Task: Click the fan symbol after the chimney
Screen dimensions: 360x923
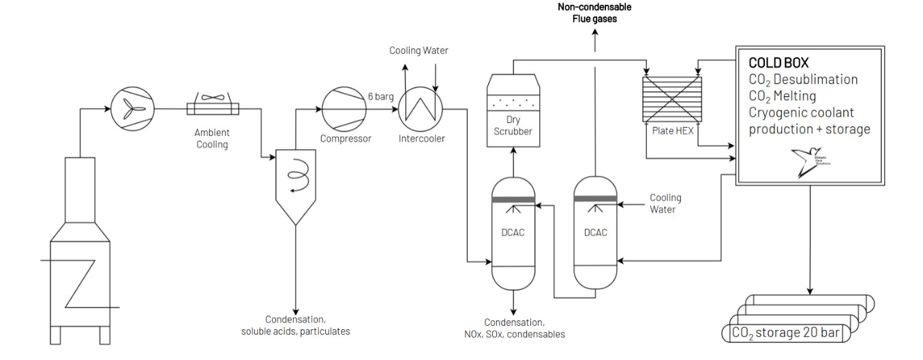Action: click(132, 108)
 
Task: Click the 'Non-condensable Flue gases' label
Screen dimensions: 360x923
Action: click(594, 12)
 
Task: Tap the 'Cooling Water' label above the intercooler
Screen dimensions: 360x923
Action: click(419, 51)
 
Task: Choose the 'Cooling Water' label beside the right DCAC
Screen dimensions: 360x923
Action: click(665, 203)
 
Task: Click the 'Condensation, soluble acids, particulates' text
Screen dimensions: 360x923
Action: click(295, 325)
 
